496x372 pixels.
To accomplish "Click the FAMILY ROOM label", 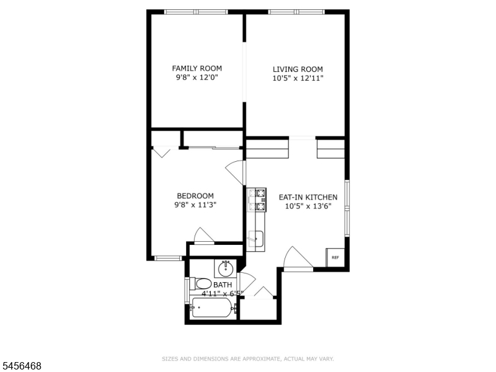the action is (197, 68).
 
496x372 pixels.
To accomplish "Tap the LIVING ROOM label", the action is (298, 69).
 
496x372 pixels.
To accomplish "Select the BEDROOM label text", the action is (195, 196).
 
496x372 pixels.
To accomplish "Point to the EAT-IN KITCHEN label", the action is (308, 197).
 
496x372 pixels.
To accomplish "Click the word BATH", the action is (223, 285).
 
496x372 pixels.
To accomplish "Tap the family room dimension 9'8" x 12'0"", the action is (197, 77).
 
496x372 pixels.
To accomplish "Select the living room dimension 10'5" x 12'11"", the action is (298, 78).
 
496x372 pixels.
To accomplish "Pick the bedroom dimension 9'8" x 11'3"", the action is (195, 205).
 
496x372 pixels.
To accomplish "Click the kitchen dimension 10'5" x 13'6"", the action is (308, 206).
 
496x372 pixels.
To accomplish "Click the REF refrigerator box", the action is (335, 257).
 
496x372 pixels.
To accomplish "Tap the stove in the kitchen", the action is (257, 200).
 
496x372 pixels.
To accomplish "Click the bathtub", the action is (213, 308).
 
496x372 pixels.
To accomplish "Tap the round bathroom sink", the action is (226, 268).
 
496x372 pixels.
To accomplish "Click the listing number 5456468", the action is (20, 366).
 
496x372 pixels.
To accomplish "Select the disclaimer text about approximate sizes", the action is (247, 359).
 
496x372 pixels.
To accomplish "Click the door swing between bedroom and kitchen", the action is (236, 173).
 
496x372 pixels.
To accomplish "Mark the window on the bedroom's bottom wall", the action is (168, 258).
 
